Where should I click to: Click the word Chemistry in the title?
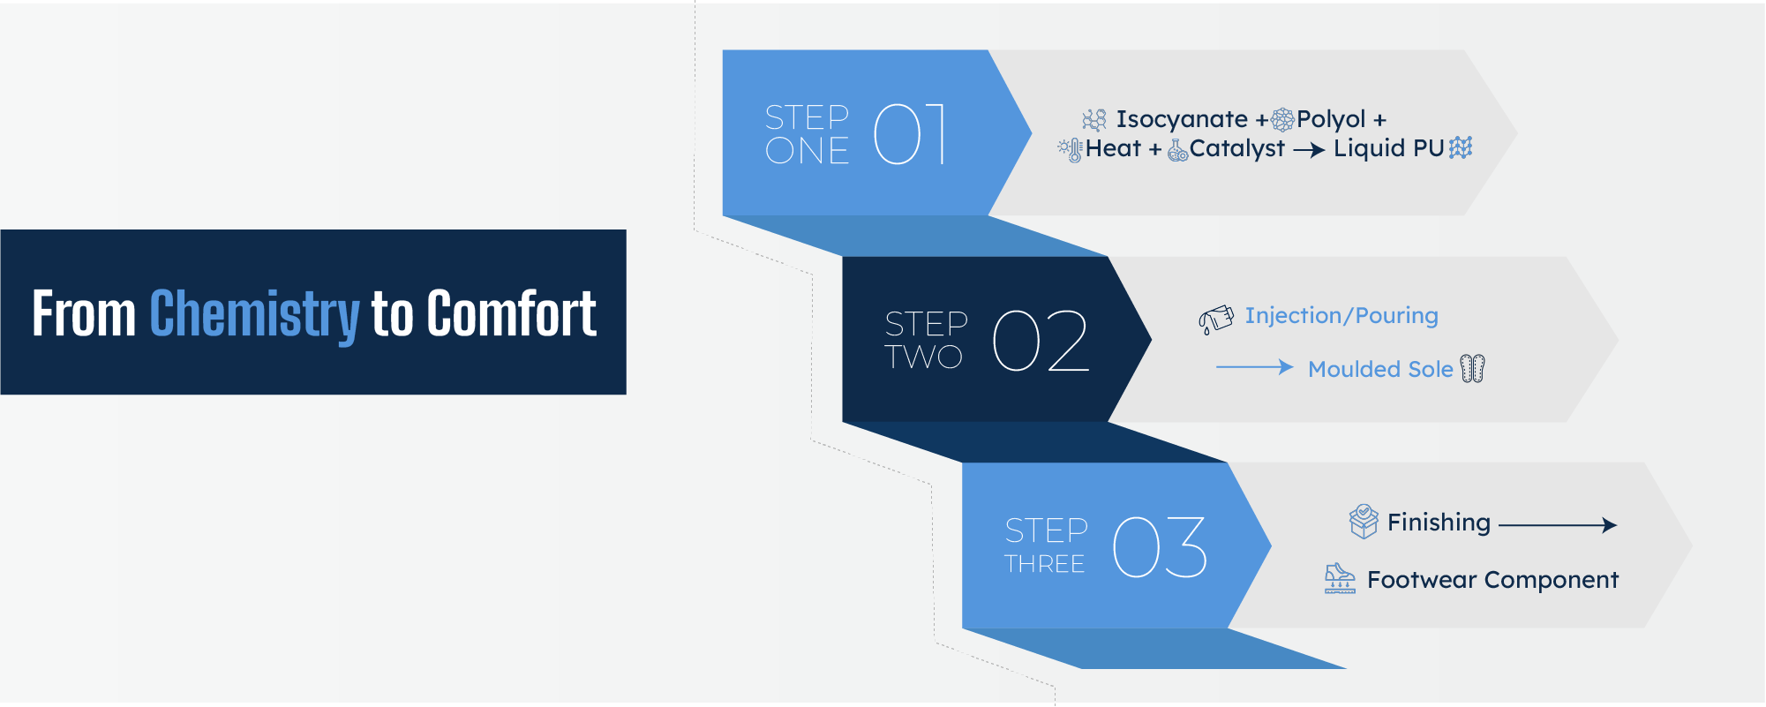[255, 314]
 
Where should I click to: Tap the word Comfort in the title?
[512, 313]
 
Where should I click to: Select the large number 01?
[910, 134]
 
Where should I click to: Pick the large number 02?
[1041, 341]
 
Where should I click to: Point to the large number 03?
[1160, 547]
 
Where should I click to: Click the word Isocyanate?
[1182, 119]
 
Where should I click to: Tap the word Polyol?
[1331, 119]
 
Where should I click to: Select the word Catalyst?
[1237, 148]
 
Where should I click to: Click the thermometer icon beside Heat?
[1071, 150]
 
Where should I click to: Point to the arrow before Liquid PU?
[1310, 151]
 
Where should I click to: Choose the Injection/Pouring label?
[1341, 315]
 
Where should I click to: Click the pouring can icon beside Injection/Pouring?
[1216, 320]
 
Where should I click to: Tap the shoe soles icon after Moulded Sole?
[1473, 368]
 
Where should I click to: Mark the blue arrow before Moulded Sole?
[1255, 367]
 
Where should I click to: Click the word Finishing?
[1439, 523]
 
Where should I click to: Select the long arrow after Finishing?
[1558, 525]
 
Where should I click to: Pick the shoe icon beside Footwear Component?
[1340, 579]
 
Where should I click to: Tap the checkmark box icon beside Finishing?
[1364, 521]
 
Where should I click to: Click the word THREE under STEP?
[1045, 564]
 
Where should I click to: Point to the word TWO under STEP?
[924, 357]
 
